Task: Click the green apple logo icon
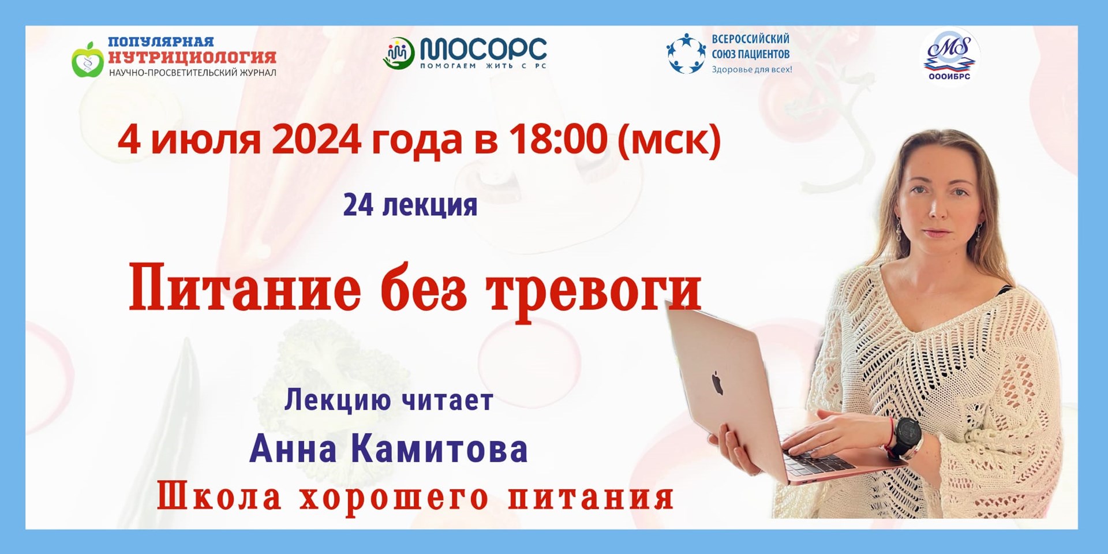pos(88,59)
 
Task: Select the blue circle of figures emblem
pos(686,54)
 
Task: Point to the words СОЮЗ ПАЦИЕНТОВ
pos(750,54)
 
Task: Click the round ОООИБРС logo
pos(949,55)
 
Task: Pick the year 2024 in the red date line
pos(316,140)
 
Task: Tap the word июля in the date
pos(205,141)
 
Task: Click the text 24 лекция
pos(410,205)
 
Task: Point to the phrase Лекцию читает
pos(388,400)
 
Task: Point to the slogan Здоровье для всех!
pos(751,69)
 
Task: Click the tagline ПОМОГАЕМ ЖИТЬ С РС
pos(483,66)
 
